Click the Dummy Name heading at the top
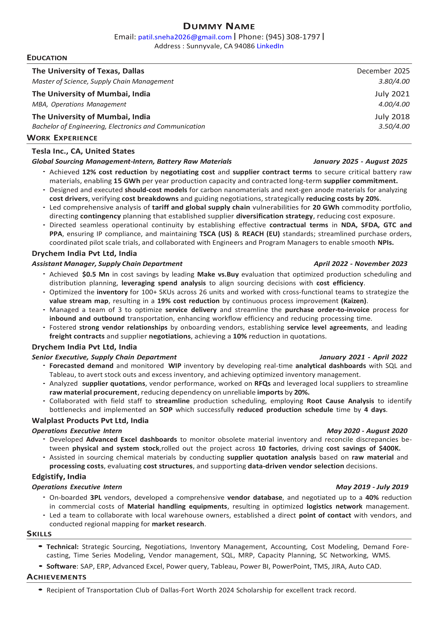pyautogui.click(x=219, y=26)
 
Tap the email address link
pyautogui.click(x=185, y=37)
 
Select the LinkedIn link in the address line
pyautogui.click(x=270, y=46)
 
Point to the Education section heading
pyautogui.click(x=47, y=58)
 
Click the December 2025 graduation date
pyautogui.click(x=383, y=71)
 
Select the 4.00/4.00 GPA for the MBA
pyautogui.click(x=394, y=104)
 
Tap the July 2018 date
pyautogui.click(x=392, y=117)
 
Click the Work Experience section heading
pyautogui.click(x=62, y=138)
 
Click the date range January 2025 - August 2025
pyautogui.click(x=360, y=161)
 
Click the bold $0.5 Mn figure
pyautogui.click(x=96, y=274)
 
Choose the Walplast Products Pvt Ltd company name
pyautogui.click(x=90, y=421)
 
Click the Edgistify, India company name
pyautogui.click(x=59, y=477)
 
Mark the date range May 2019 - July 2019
pyautogui.click(x=372, y=487)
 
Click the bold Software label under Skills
pyautogui.click(x=61, y=566)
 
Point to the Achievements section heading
pyautogui.click(x=57, y=577)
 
